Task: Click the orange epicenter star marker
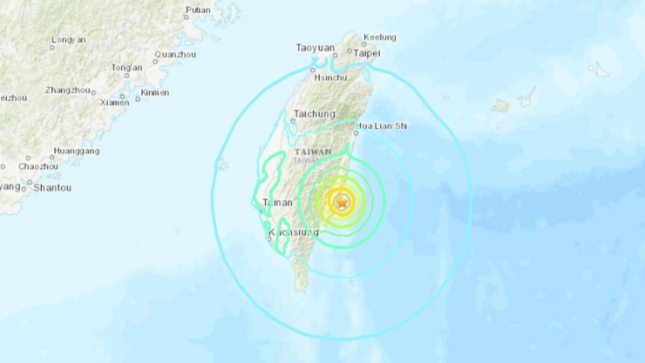click(x=341, y=203)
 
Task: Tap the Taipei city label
click(x=368, y=53)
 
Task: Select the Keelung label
click(x=380, y=37)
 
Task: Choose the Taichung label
click(x=315, y=113)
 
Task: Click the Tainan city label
click(x=276, y=203)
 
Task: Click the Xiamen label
click(x=114, y=102)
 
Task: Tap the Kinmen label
click(x=155, y=92)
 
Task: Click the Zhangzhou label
click(x=69, y=90)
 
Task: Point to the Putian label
click(x=198, y=10)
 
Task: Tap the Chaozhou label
click(x=38, y=165)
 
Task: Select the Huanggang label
click(x=76, y=151)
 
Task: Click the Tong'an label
click(x=126, y=67)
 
